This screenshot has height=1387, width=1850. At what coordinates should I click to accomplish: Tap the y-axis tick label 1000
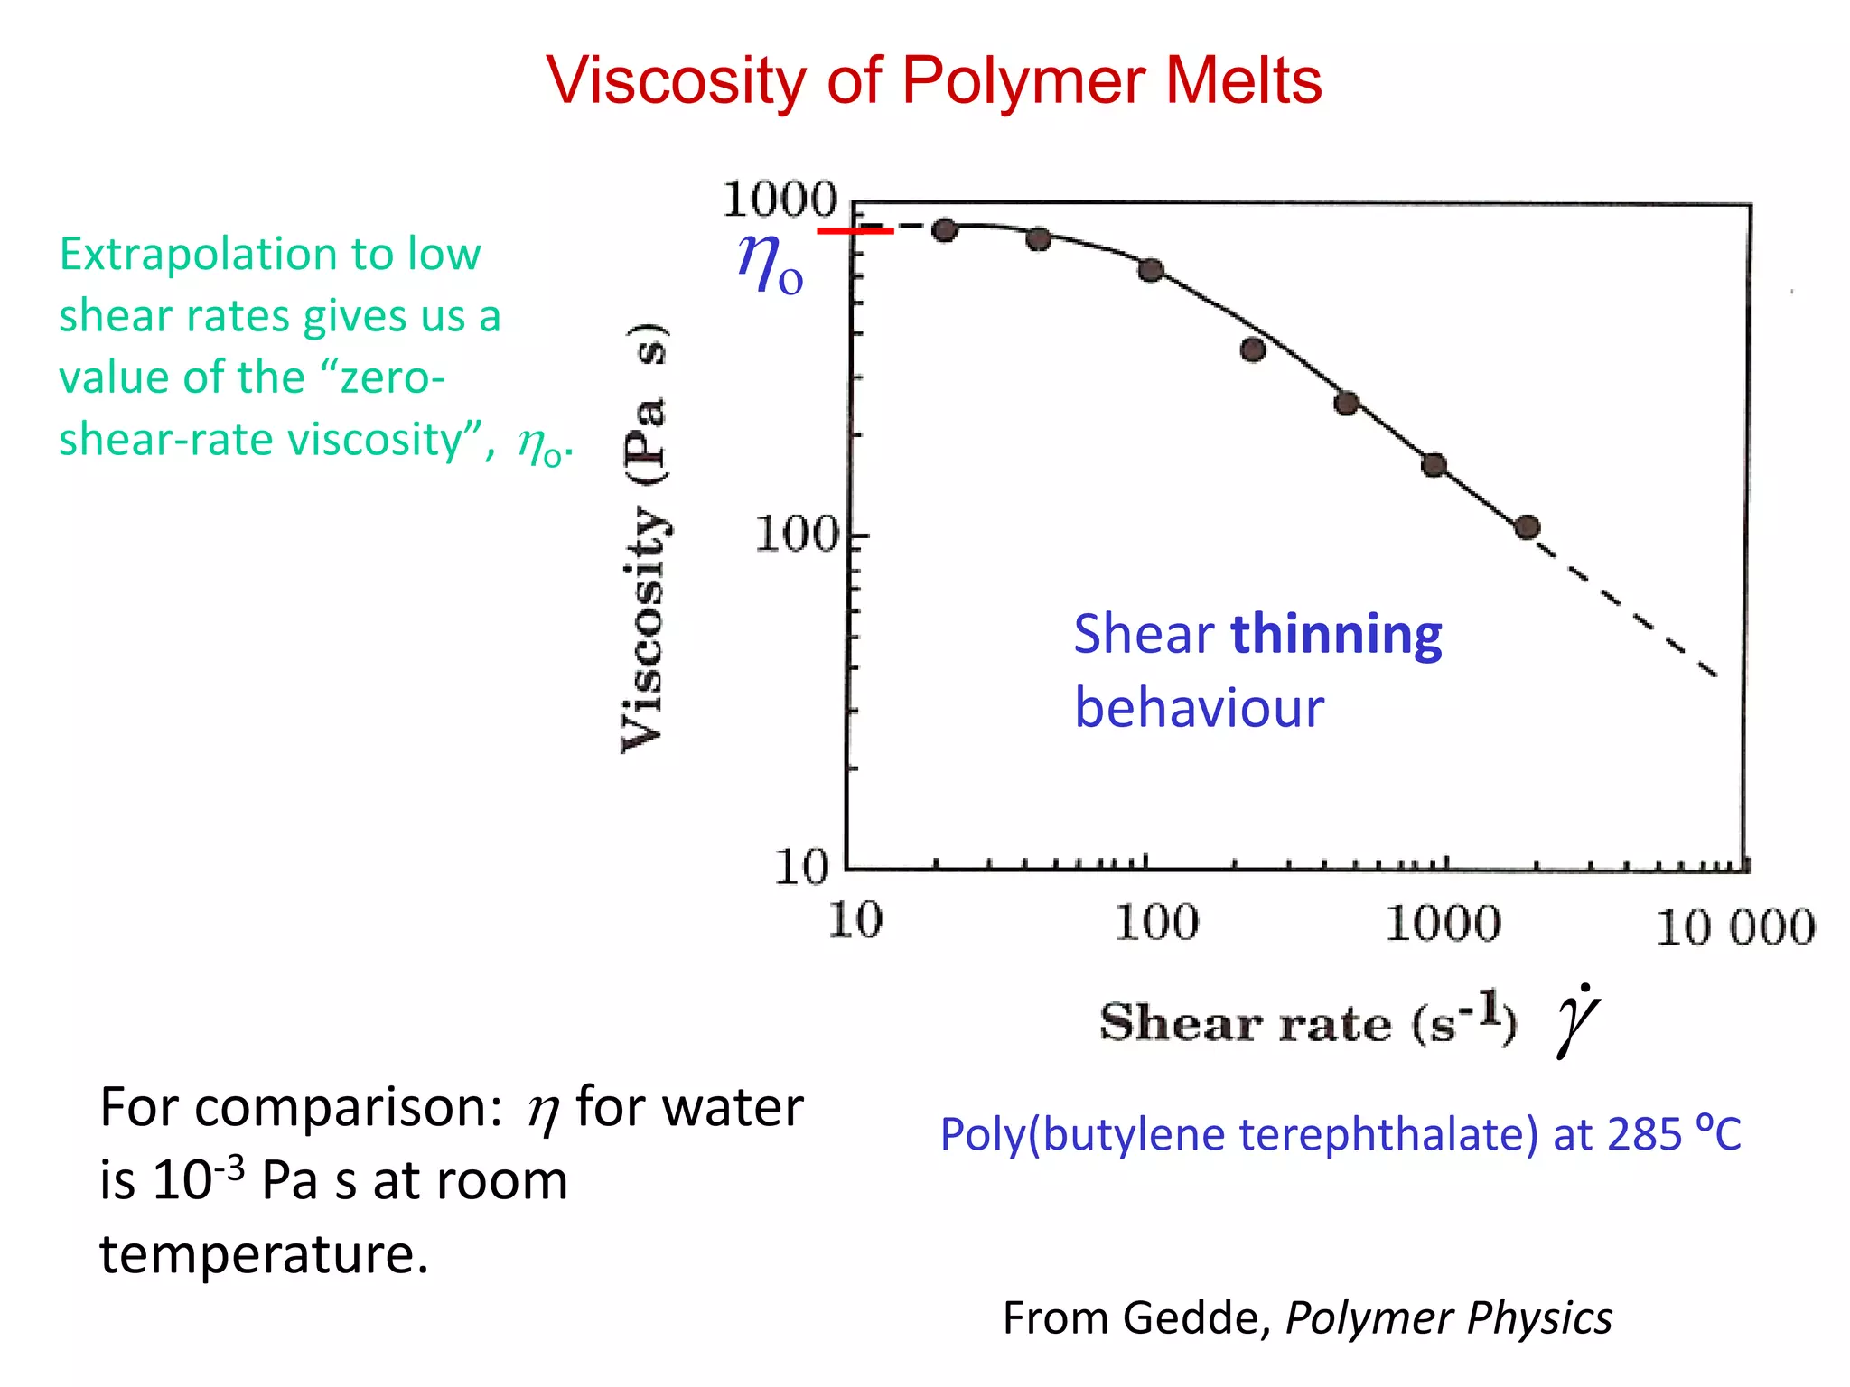pos(780,199)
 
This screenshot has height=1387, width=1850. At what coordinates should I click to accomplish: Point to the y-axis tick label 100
pos(797,535)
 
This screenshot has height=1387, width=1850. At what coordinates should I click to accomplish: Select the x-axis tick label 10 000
pos(1735,927)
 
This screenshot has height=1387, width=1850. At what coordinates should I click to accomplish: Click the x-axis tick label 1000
pos(1443,924)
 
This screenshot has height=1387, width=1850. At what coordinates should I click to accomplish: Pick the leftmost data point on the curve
pos(944,230)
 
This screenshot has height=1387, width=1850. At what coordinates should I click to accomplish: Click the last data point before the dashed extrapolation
pos(1527,527)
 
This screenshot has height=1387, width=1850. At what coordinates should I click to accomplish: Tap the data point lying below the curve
pos(1252,350)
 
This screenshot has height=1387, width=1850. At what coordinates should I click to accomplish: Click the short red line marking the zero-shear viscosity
pos(855,231)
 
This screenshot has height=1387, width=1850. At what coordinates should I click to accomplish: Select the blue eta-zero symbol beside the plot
pos(769,264)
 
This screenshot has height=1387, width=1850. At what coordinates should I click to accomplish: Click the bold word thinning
pos(1337,634)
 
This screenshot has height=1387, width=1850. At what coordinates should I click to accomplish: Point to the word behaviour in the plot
pos(1199,708)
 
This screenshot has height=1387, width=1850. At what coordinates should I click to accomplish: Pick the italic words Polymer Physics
pos(1448,1318)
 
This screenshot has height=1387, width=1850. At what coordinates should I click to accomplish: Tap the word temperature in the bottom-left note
pos(264,1254)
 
